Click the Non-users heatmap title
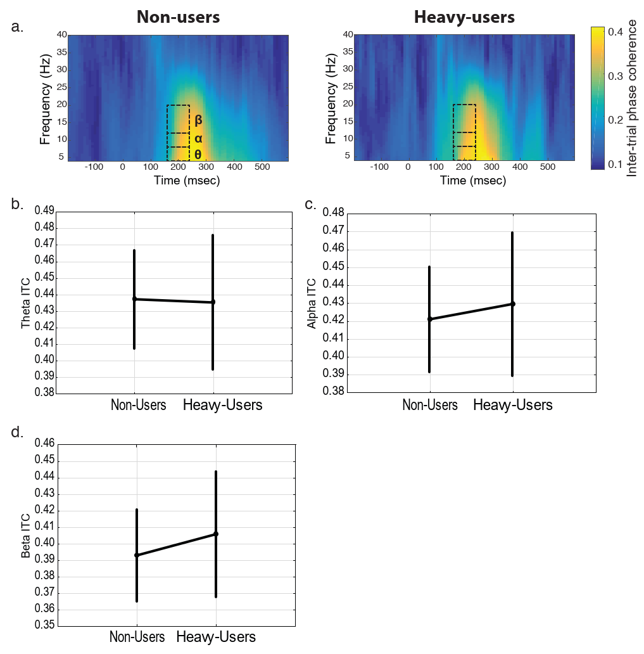(179, 17)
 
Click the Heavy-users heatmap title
(464, 17)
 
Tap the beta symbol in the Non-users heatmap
(198, 119)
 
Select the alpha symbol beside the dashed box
(198, 138)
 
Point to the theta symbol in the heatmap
(198, 154)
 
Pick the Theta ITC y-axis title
(26, 302)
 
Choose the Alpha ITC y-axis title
(312, 302)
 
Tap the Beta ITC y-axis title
(26, 536)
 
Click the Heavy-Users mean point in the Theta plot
(213, 302)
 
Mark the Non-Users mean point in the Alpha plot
(430, 319)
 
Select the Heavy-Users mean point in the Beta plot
(216, 534)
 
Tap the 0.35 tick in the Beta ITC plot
(47, 626)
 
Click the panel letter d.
(17, 433)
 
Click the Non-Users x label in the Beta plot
(137, 637)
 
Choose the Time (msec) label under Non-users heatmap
(179, 181)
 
